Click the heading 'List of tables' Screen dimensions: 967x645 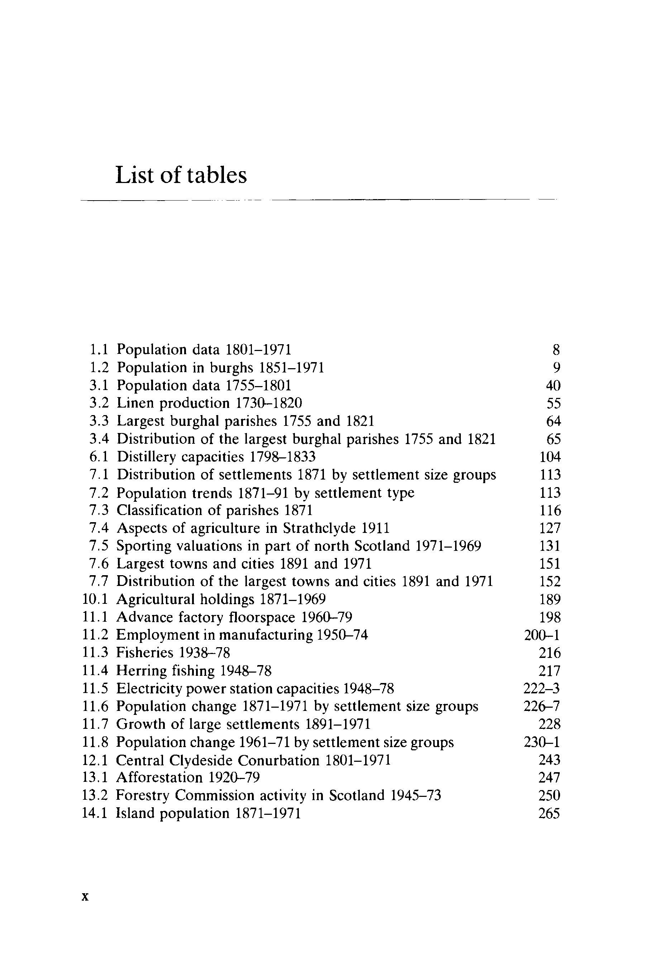click(181, 175)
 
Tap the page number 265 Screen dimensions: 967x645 click(549, 813)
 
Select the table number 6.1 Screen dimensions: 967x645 click(99, 457)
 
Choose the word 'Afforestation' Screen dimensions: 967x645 click(159, 778)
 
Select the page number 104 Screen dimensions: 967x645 click(550, 457)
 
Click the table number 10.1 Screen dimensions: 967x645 click(95, 599)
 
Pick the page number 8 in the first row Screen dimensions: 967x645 click(556, 350)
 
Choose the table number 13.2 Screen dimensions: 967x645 click(95, 795)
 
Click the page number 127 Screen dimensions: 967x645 click(550, 528)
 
